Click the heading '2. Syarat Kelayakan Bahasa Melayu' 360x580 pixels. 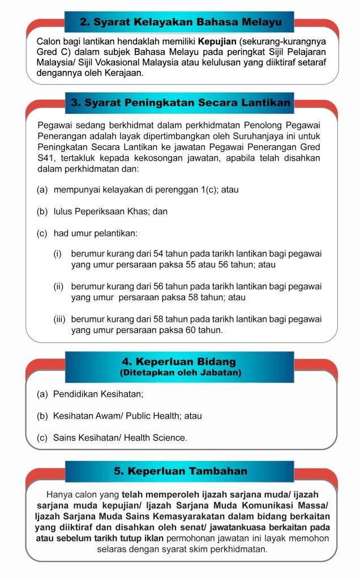(x=180, y=23)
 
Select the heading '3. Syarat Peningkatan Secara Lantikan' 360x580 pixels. (x=180, y=103)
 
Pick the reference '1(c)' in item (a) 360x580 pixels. (x=206, y=190)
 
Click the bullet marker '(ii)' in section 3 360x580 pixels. (x=59, y=287)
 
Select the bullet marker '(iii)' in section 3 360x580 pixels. (x=60, y=319)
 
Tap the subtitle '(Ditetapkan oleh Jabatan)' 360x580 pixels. (x=180, y=372)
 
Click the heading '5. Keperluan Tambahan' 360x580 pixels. (x=180, y=471)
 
